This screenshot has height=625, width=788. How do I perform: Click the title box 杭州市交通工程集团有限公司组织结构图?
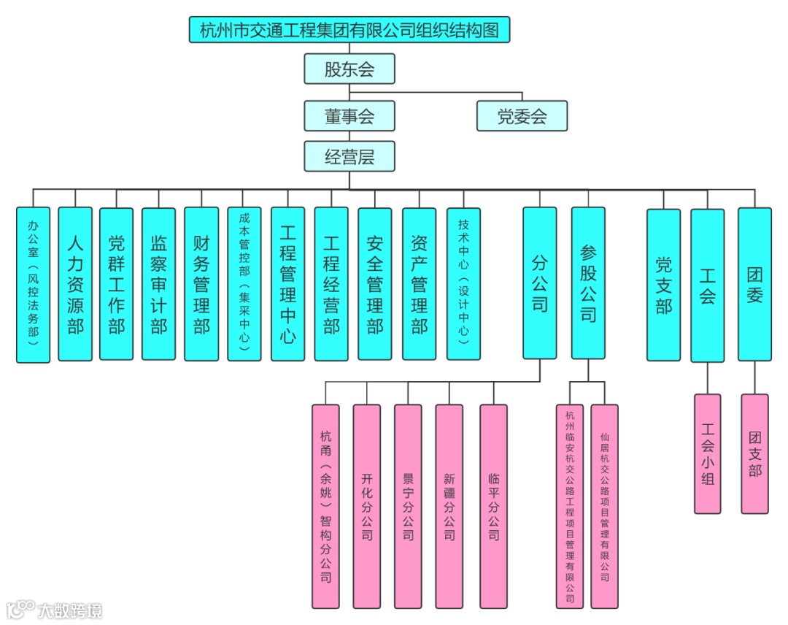(x=349, y=31)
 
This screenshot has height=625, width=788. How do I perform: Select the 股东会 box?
(x=349, y=69)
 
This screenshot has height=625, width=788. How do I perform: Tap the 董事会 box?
(x=349, y=116)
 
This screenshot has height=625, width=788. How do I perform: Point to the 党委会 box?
(x=522, y=116)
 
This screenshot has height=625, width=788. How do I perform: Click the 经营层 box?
(x=349, y=156)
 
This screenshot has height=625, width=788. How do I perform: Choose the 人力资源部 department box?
(x=75, y=284)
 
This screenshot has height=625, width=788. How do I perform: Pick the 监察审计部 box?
(x=158, y=284)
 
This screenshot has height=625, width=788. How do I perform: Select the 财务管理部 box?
(x=201, y=284)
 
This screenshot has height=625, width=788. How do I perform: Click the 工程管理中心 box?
(x=287, y=284)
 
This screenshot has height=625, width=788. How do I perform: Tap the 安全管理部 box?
(x=375, y=284)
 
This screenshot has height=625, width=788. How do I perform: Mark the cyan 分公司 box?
(x=540, y=283)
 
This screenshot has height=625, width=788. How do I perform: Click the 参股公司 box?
(x=588, y=283)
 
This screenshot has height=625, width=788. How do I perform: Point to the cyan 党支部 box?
(x=663, y=285)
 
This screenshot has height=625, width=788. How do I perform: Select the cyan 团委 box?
(x=754, y=285)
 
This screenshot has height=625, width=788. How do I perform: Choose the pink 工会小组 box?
(x=707, y=454)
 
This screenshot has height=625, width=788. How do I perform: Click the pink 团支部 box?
(x=754, y=454)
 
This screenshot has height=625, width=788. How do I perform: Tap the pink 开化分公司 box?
(x=366, y=506)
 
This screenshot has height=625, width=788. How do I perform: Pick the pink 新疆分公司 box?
(x=449, y=506)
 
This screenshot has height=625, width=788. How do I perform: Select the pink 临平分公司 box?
(x=493, y=506)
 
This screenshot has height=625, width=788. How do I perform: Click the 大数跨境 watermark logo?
(x=55, y=609)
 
